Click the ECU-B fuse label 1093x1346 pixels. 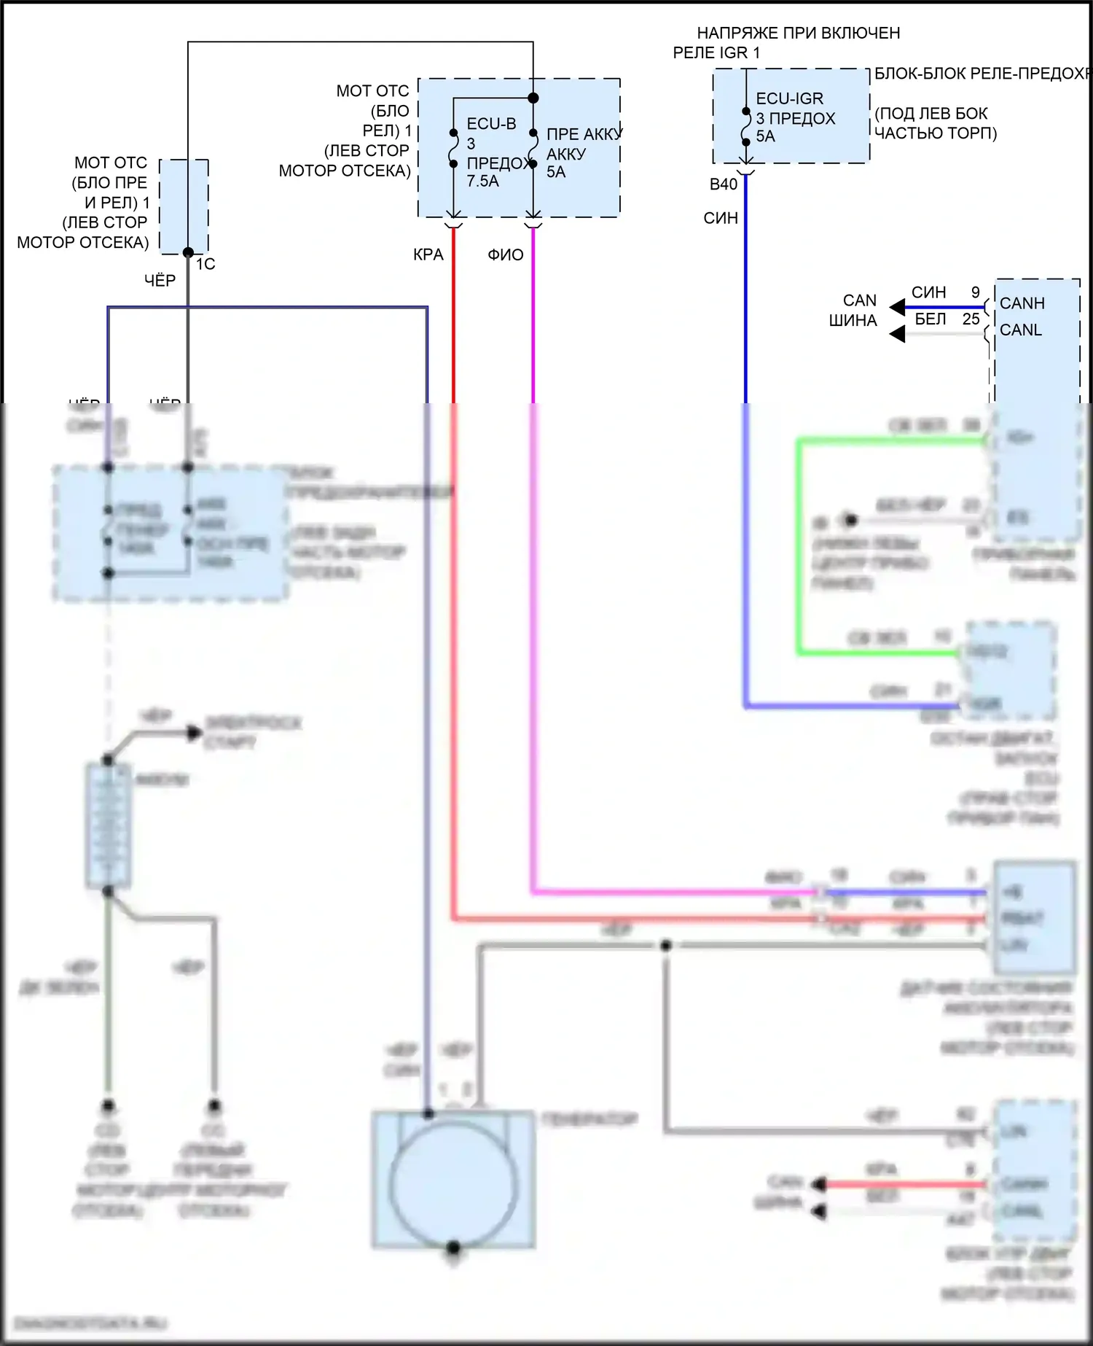tap(491, 124)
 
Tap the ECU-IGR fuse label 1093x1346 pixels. tap(789, 98)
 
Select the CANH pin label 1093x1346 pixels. tap(1022, 303)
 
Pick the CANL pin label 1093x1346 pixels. tap(1020, 330)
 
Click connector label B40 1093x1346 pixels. tap(724, 184)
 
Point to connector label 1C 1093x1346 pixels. tap(205, 264)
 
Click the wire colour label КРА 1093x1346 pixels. tap(428, 254)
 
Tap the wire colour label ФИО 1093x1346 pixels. tap(506, 254)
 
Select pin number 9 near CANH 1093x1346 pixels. tap(975, 292)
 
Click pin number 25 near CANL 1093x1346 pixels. tap(971, 319)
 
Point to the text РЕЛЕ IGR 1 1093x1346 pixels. tap(716, 52)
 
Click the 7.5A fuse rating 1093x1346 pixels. tap(483, 182)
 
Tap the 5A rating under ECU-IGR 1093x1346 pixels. tap(765, 136)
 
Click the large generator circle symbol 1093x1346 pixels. tap(453, 1184)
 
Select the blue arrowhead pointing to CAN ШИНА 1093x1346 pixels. tap(897, 308)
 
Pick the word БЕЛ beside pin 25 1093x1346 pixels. tap(931, 319)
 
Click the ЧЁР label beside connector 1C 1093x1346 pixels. tap(160, 281)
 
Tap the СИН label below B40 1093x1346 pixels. tap(721, 218)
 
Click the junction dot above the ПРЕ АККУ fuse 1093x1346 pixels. tap(533, 98)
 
